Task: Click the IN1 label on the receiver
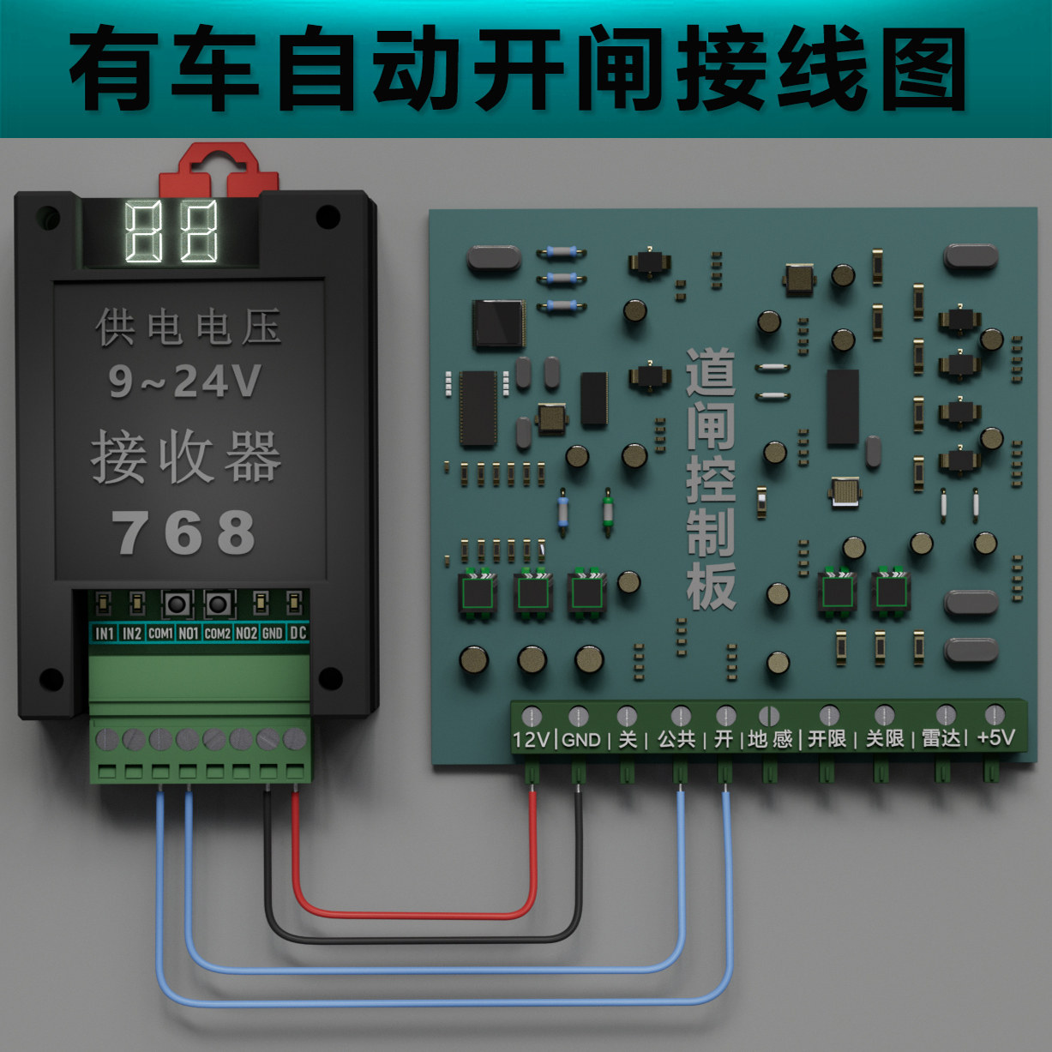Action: pyautogui.click(x=104, y=633)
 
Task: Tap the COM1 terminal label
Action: pyautogui.click(x=160, y=633)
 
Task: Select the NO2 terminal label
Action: pyautogui.click(x=246, y=633)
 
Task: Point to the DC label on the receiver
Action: pyautogui.click(x=298, y=633)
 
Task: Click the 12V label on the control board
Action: pyautogui.click(x=531, y=739)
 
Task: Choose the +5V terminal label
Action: pyautogui.click(x=995, y=737)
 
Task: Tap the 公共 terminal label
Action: pyautogui.click(x=676, y=739)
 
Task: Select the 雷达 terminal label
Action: pyautogui.click(x=941, y=738)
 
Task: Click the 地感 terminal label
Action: pyautogui.click(x=769, y=739)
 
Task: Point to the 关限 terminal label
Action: pyautogui.click(x=884, y=738)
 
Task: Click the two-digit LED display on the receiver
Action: pyautogui.click(x=171, y=232)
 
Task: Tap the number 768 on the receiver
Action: pyautogui.click(x=183, y=532)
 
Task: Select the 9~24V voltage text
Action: pyautogui.click(x=184, y=381)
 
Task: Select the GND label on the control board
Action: pyautogui.click(x=580, y=739)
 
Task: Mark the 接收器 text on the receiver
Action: pyautogui.click(x=186, y=457)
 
